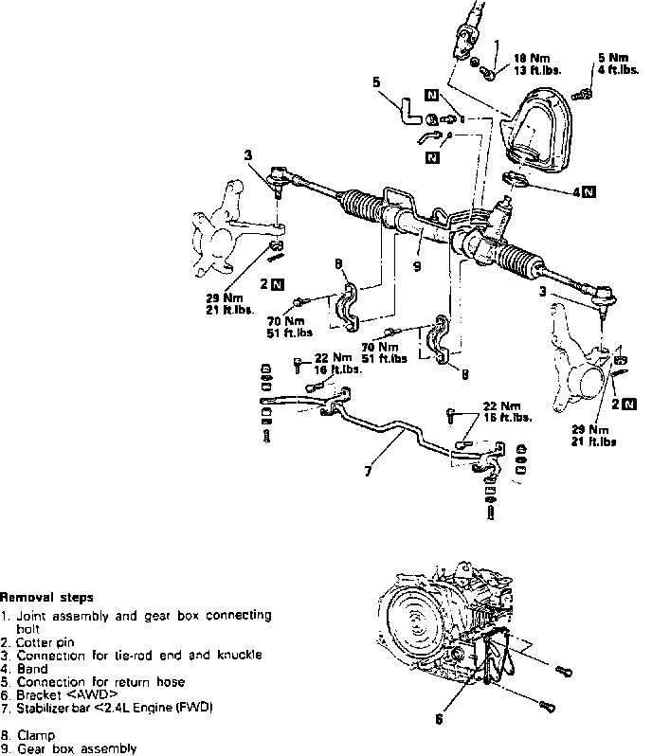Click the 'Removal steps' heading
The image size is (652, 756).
pyautogui.click(x=46, y=598)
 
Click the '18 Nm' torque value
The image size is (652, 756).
pyautogui.click(x=528, y=56)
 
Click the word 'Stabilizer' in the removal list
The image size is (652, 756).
pyautogui.click(x=48, y=707)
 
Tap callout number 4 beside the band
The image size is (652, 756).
pyautogui.click(x=577, y=190)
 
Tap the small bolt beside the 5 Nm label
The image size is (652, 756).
pyautogui.click(x=584, y=91)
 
